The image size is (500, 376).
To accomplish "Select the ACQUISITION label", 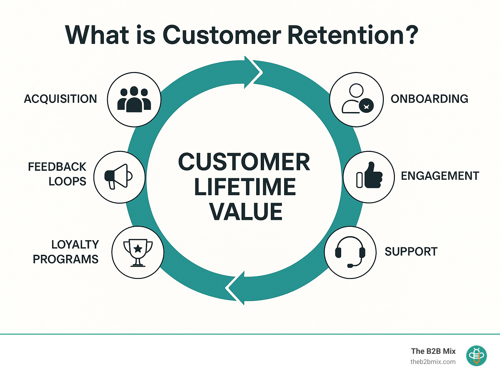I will click(61, 99).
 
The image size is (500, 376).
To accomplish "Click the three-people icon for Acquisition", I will click(134, 99).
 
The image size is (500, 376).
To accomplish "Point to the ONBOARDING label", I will click(429, 99).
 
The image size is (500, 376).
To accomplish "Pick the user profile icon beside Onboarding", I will click(357, 99).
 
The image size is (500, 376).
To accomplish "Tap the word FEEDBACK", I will click(57, 167).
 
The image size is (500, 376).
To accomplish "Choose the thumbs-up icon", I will click(369, 176).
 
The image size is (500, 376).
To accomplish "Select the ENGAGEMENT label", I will click(440, 176).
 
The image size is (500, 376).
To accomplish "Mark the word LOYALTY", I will click(75, 245).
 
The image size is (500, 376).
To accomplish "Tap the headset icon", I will click(350, 252).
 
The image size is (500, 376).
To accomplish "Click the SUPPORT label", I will click(411, 252).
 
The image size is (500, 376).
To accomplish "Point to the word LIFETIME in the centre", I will click(245, 187).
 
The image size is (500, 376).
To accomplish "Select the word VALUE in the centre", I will click(246, 212).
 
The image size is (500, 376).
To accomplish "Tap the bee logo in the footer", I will click(476, 356).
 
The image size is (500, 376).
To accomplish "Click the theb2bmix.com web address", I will click(433, 362).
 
